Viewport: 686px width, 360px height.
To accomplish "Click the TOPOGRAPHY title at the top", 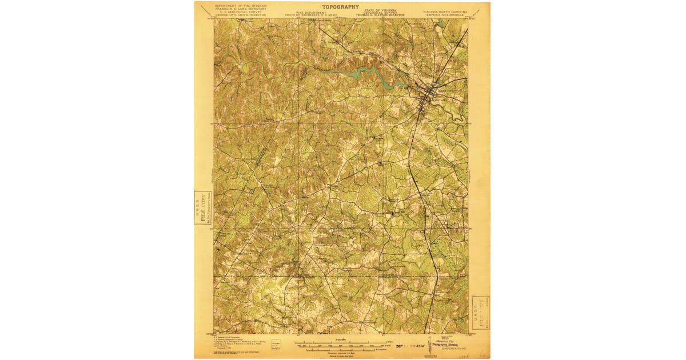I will tap(341, 7).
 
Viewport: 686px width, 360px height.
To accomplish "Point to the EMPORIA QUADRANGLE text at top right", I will tap(445, 15).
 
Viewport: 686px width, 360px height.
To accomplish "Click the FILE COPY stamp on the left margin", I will tap(202, 207).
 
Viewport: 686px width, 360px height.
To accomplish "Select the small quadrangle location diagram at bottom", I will tap(277, 345).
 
